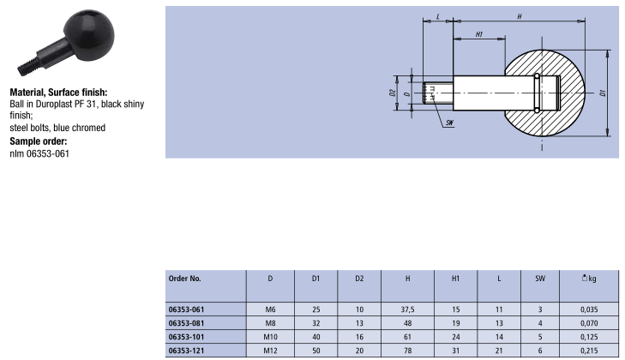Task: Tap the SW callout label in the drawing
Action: pyautogui.click(x=449, y=123)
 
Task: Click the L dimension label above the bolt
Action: pyautogui.click(x=437, y=17)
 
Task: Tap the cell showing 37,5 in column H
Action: pyautogui.click(x=408, y=309)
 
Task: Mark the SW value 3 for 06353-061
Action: pyautogui.click(x=540, y=309)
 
